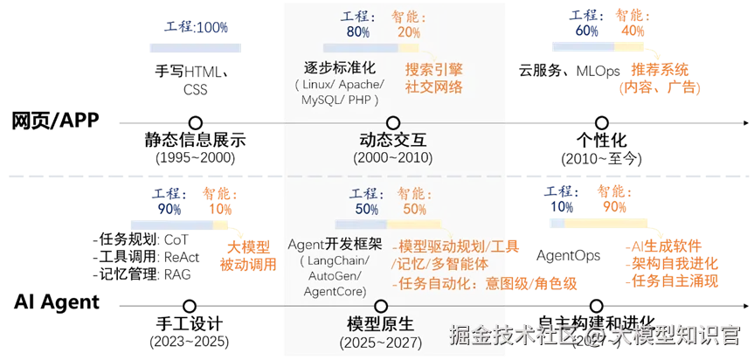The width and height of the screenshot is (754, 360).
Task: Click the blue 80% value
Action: pos(357,31)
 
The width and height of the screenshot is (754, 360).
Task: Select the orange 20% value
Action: pos(408,31)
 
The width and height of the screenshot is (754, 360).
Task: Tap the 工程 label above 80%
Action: pos(357,16)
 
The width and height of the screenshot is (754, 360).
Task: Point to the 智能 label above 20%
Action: pos(409,16)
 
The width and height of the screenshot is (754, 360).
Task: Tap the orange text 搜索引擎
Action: pos(433,69)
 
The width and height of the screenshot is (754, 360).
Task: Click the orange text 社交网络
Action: pos(433,87)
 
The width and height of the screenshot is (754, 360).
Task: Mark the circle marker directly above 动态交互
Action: pos(393,122)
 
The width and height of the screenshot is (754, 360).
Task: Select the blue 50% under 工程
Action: pos(366,210)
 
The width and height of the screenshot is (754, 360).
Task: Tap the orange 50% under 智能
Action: pos(414,210)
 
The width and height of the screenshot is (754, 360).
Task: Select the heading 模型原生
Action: pos(381,324)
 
